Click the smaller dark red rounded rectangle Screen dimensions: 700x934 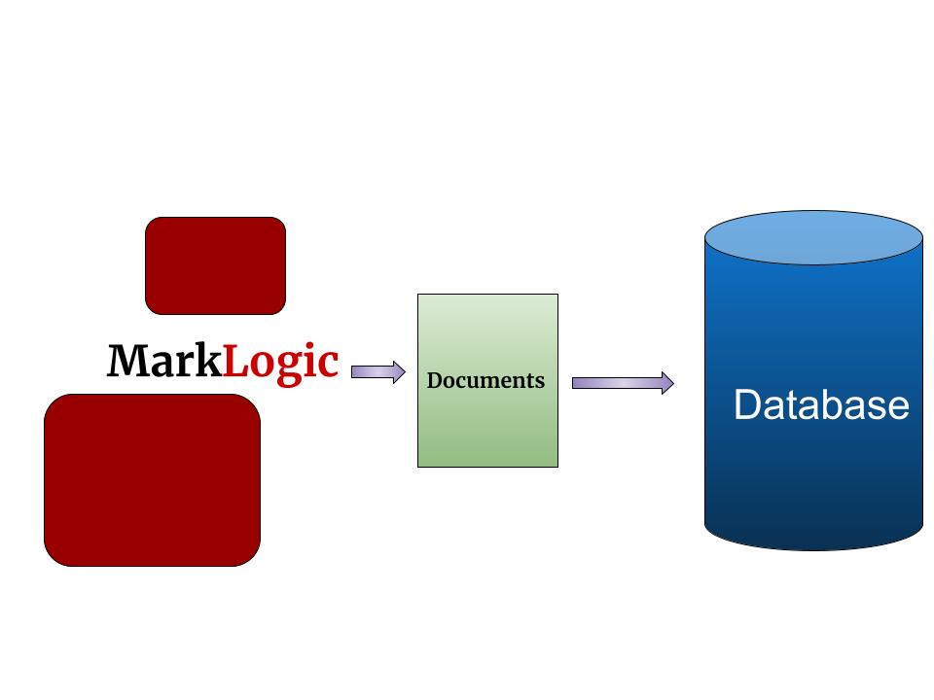pyautogui.click(x=215, y=265)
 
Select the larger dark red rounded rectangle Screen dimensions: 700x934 pyautogui.click(x=153, y=479)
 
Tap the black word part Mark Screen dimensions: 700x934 pyautogui.click(x=164, y=362)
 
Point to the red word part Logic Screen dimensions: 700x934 pyautogui.click(x=281, y=362)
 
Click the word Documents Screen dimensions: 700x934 pyautogui.click(x=485, y=380)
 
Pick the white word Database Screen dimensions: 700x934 pyautogui.click(x=821, y=404)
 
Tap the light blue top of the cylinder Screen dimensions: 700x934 pyautogui.click(x=813, y=237)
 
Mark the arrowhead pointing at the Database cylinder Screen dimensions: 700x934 pyautogui.click(x=666, y=383)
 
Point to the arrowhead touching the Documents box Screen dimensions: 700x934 pyautogui.click(x=398, y=371)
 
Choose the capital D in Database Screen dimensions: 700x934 pyautogui.click(x=746, y=404)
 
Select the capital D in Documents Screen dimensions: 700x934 pyautogui.click(x=435, y=380)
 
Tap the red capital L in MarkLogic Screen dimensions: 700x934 pyautogui.click(x=235, y=362)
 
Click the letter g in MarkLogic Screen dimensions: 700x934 pyautogui.click(x=290, y=367)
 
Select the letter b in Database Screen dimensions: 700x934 pyautogui.click(x=843, y=404)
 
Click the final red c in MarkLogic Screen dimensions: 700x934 pyautogui.click(x=328, y=365)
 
